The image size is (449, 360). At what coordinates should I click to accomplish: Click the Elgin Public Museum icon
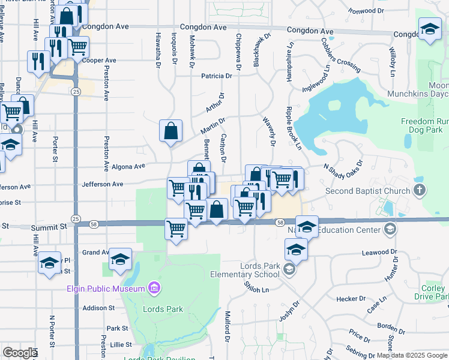(x=155, y=289)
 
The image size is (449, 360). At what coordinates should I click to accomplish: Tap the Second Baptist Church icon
(x=420, y=191)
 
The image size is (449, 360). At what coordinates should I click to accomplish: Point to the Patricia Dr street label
(x=217, y=76)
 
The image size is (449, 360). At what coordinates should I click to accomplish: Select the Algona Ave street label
(x=129, y=167)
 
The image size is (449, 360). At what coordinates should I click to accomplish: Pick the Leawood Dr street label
(x=380, y=253)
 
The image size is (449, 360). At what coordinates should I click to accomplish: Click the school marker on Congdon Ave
(x=430, y=30)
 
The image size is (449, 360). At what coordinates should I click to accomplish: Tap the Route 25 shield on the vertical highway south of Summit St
(x=76, y=218)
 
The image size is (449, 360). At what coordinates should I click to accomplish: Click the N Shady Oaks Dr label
(x=343, y=166)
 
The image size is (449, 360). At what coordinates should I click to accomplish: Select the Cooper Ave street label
(x=100, y=61)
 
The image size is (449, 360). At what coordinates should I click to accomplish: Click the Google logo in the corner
(x=19, y=353)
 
